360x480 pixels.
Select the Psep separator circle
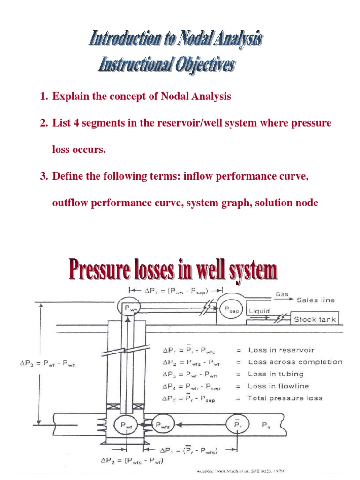tap(227, 309)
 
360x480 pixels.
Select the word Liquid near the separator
tap(259, 310)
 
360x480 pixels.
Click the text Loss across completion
tap(295, 362)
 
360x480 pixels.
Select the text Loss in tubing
tap(276, 374)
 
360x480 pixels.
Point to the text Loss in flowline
tap(278, 386)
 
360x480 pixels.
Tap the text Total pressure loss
tap(285, 398)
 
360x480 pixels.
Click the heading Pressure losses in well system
tap(172, 271)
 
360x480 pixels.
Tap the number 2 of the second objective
tap(44, 123)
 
